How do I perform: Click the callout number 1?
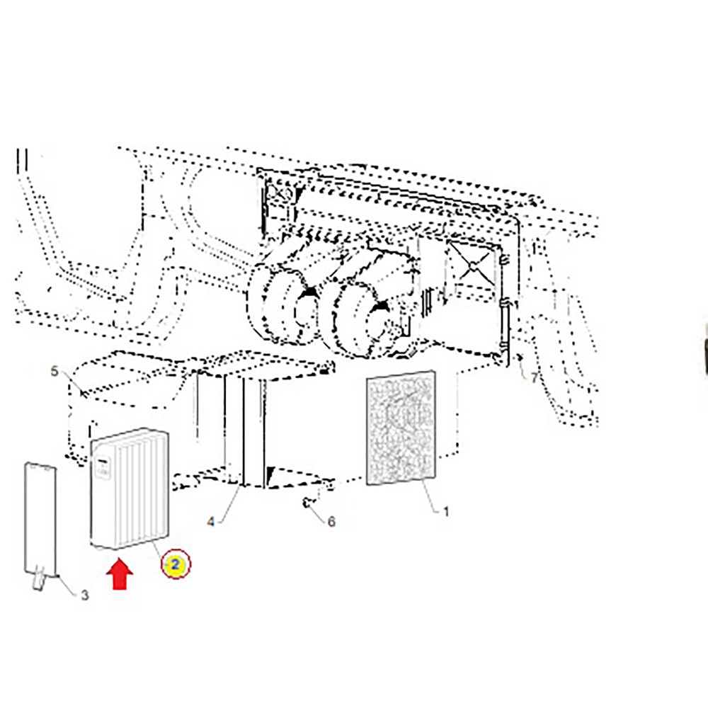(445, 512)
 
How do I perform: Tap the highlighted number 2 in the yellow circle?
(176, 564)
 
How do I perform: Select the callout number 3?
(85, 595)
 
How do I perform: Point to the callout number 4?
(211, 522)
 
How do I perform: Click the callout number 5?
(55, 371)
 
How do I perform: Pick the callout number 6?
(331, 522)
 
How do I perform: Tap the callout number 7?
(535, 377)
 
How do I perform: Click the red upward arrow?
(120, 574)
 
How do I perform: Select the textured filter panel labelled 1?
(401, 428)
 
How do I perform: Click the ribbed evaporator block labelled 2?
(130, 489)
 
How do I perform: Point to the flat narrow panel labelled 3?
(40, 519)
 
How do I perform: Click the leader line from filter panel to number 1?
(430, 496)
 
